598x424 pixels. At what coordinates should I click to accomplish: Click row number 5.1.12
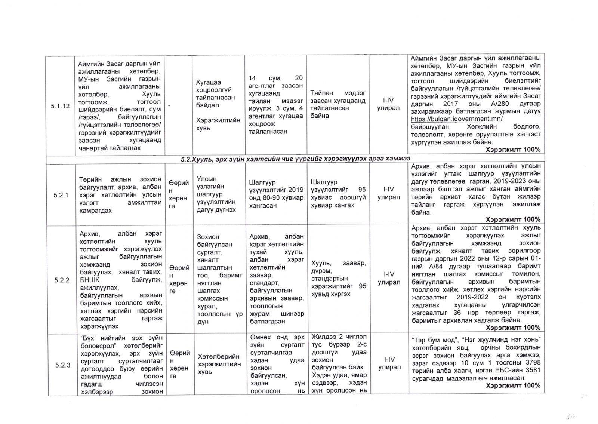[x=60, y=106]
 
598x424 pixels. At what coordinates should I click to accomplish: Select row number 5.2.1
[x=61, y=195]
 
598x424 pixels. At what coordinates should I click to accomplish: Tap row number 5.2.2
[x=62, y=280]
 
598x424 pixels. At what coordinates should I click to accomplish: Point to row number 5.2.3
[x=62, y=365]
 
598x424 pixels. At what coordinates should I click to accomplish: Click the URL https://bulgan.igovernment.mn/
[x=457, y=119]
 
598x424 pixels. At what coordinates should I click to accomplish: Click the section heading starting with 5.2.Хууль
[x=295, y=159]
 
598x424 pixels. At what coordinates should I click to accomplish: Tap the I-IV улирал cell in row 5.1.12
[x=388, y=104]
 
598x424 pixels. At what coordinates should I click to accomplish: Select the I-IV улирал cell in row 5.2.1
[x=389, y=193]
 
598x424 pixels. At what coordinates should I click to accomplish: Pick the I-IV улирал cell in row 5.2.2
[x=389, y=278]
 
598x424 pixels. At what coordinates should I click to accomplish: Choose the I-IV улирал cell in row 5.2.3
[x=389, y=363]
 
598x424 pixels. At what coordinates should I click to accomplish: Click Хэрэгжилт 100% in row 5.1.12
[x=513, y=150]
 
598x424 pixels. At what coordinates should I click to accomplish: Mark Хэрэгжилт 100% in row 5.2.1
[x=513, y=219]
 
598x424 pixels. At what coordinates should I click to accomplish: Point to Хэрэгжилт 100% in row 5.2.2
[x=513, y=328]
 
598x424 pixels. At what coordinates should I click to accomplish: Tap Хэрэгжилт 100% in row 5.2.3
[x=513, y=385]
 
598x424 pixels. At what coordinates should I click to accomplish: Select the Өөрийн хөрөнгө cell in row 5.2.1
[x=178, y=194]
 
